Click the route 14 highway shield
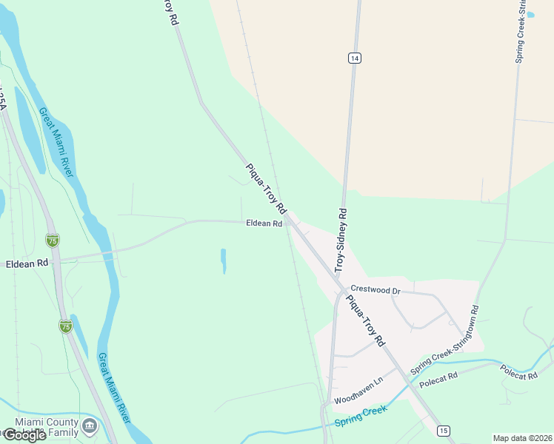tap(356, 58)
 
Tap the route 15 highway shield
tap(443, 431)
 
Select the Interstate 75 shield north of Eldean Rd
tap(52, 240)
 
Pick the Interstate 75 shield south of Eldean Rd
tap(66, 326)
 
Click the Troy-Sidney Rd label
tap(341, 238)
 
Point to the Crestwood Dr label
tap(375, 291)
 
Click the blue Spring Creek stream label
tap(361, 416)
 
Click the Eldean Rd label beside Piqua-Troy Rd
tap(264, 223)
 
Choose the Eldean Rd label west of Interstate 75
tap(27, 263)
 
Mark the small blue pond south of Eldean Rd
tap(223, 260)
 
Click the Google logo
tap(24, 435)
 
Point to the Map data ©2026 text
tap(522, 438)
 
